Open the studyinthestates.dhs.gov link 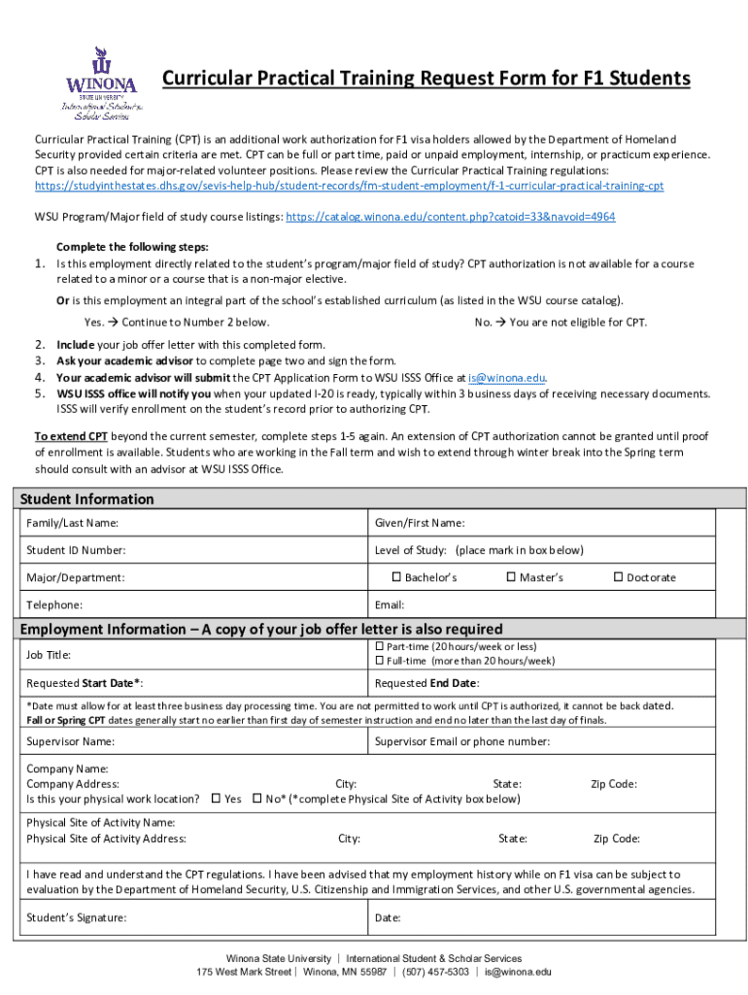pyautogui.click(x=350, y=186)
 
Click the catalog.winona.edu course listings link pyautogui.click(x=450, y=217)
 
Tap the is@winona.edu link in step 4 pyautogui.click(x=506, y=378)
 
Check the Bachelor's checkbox pyautogui.click(x=396, y=577)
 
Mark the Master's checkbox pyautogui.click(x=511, y=577)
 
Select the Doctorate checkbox pyautogui.click(x=618, y=577)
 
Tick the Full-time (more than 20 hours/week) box pyautogui.click(x=380, y=661)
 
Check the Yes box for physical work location pyautogui.click(x=216, y=799)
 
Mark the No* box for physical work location pyautogui.click(x=256, y=799)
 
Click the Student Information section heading pyautogui.click(x=87, y=499)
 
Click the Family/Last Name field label pyautogui.click(x=72, y=524)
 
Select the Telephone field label pyautogui.click(x=55, y=604)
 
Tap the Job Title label pyautogui.click(x=49, y=655)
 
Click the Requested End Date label pyautogui.click(x=425, y=683)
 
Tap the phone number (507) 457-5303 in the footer pyautogui.click(x=431, y=972)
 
